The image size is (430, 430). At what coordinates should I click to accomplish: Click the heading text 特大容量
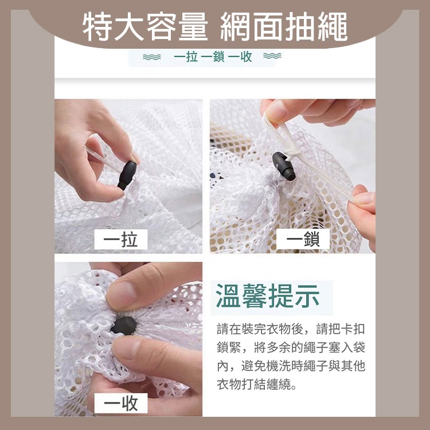pyautogui.click(x=145, y=27)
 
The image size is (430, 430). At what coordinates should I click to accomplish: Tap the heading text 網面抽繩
pyautogui.click(x=284, y=27)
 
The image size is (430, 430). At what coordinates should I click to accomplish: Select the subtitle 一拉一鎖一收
pyautogui.click(x=213, y=57)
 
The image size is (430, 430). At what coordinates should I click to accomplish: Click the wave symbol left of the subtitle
pyautogui.click(x=151, y=57)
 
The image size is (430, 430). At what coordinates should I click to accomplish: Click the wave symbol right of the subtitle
pyautogui.click(x=272, y=57)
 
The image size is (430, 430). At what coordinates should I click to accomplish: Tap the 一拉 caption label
pyautogui.click(x=121, y=239)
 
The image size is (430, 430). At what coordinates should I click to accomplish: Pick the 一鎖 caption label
pyautogui.click(x=303, y=239)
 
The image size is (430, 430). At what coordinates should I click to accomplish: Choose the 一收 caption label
pyautogui.click(x=121, y=404)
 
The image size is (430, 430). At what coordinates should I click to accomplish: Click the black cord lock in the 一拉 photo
pyautogui.click(x=127, y=175)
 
